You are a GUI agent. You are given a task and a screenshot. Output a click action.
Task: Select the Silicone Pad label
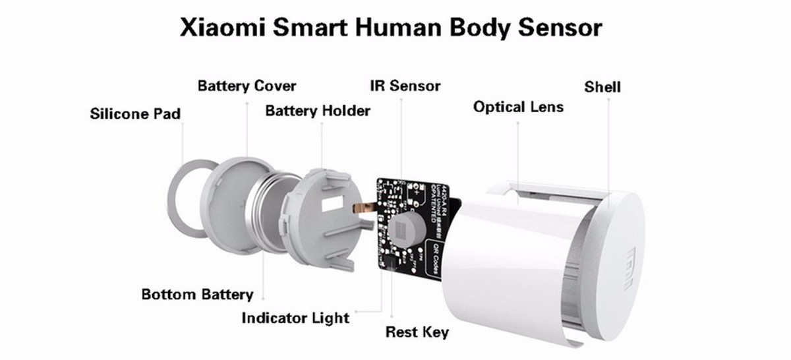[135, 114]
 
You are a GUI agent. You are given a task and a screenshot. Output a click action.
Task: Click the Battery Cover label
[247, 86]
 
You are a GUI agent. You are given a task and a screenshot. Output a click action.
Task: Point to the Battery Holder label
[317, 110]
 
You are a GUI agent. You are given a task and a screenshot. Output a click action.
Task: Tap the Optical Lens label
[518, 106]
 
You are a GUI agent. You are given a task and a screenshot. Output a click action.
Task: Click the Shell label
[602, 87]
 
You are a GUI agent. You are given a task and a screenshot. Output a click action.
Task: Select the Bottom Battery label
[197, 294]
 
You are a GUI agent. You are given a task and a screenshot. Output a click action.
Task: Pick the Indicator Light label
[295, 318]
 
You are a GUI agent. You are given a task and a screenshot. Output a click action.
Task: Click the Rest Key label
[417, 332]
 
